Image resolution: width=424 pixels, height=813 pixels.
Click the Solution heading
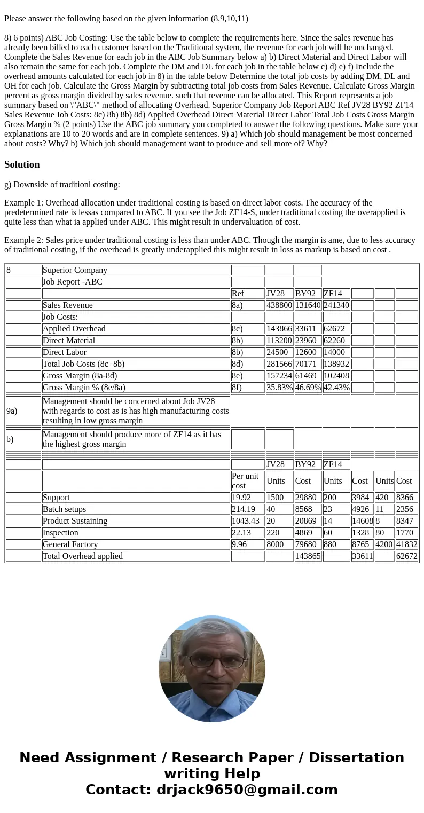[22, 164]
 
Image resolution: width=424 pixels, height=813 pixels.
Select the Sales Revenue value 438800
[279, 305]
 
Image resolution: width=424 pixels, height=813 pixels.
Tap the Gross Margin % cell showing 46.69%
[308, 388]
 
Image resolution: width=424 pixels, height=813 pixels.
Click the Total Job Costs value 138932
[336, 364]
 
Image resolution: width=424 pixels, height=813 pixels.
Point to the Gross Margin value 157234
[279, 376]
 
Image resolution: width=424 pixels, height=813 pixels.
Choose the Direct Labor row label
[65, 352]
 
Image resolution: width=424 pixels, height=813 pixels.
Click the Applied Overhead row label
[74, 329]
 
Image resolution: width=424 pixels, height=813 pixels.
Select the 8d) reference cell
[239, 364]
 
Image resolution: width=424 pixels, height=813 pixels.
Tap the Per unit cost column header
[245, 480]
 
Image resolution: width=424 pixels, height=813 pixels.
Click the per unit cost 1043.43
[245, 521]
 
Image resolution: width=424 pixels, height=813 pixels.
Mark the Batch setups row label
[64, 509]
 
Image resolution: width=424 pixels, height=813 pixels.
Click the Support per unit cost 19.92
[241, 498]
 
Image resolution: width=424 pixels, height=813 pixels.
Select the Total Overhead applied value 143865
[308, 556]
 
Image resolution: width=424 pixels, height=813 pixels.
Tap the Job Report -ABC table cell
[72, 282]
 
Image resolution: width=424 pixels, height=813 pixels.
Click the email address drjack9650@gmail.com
[247, 790]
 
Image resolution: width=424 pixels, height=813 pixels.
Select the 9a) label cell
[12, 411]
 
